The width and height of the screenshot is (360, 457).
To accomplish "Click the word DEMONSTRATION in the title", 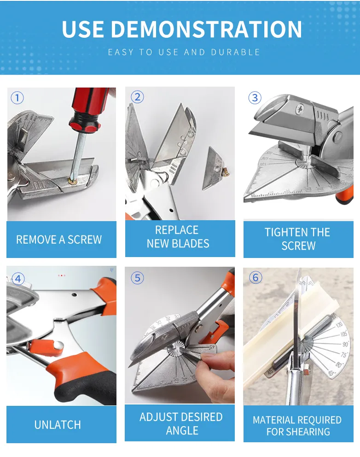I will point(206,29).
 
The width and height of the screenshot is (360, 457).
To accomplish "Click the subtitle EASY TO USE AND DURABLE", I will point(184,52).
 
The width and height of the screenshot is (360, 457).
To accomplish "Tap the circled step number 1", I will point(17,98).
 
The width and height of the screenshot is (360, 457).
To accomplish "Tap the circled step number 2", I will point(137,97).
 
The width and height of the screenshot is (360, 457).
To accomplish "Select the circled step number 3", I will point(255,98).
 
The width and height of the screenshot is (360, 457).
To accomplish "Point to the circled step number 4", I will point(18,279).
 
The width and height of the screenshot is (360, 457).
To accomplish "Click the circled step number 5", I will point(137,278).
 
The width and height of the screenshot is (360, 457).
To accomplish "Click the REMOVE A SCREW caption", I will point(59,240).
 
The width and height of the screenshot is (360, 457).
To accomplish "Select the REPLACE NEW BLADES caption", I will point(178,237).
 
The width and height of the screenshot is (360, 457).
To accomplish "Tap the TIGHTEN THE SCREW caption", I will point(297,239).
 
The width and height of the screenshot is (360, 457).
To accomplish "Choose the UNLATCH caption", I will point(58,424).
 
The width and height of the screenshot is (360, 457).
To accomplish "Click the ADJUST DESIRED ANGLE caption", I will point(181,423).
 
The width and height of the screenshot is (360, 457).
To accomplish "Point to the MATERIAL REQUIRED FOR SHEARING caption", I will point(297,426).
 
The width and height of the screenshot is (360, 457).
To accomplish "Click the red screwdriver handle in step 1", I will point(90,108).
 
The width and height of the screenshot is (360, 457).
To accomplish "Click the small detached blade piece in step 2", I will point(215,169).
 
